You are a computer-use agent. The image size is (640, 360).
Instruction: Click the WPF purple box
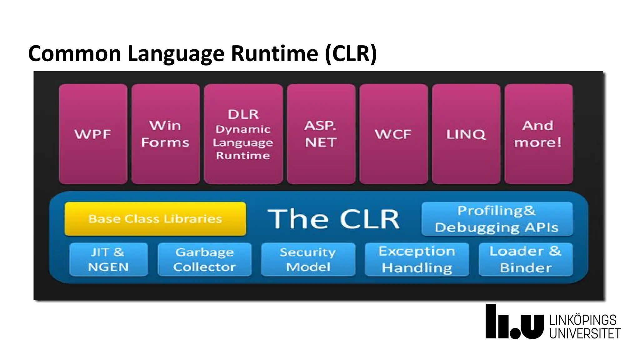(93, 134)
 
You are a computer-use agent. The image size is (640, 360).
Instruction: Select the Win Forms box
(166, 134)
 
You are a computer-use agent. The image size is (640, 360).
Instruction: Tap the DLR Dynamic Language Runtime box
(243, 134)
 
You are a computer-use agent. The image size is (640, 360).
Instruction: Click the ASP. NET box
(321, 134)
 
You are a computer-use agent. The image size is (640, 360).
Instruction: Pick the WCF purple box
(393, 134)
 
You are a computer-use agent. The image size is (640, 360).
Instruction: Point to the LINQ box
(466, 134)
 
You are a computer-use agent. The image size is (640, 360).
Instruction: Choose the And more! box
(538, 134)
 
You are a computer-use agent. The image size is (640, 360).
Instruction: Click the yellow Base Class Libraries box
(155, 219)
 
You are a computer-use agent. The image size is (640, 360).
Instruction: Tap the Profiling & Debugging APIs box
(497, 219)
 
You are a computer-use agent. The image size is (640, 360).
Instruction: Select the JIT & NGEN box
(108, 259)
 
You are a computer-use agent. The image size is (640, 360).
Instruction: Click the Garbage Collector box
(205, 259)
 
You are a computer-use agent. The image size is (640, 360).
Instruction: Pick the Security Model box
(308, 259)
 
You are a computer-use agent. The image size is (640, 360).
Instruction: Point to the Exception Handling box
(417, 259)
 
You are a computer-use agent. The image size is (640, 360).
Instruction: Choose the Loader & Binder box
(526, 259)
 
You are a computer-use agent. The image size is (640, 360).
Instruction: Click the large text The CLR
(333, 219)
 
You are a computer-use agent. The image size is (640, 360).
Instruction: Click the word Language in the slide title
(176, 54)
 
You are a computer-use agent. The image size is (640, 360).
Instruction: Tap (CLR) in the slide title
(351, 54)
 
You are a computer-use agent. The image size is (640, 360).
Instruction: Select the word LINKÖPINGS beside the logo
(583, 320)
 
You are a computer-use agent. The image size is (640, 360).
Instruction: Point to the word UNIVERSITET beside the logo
(585, 334)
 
